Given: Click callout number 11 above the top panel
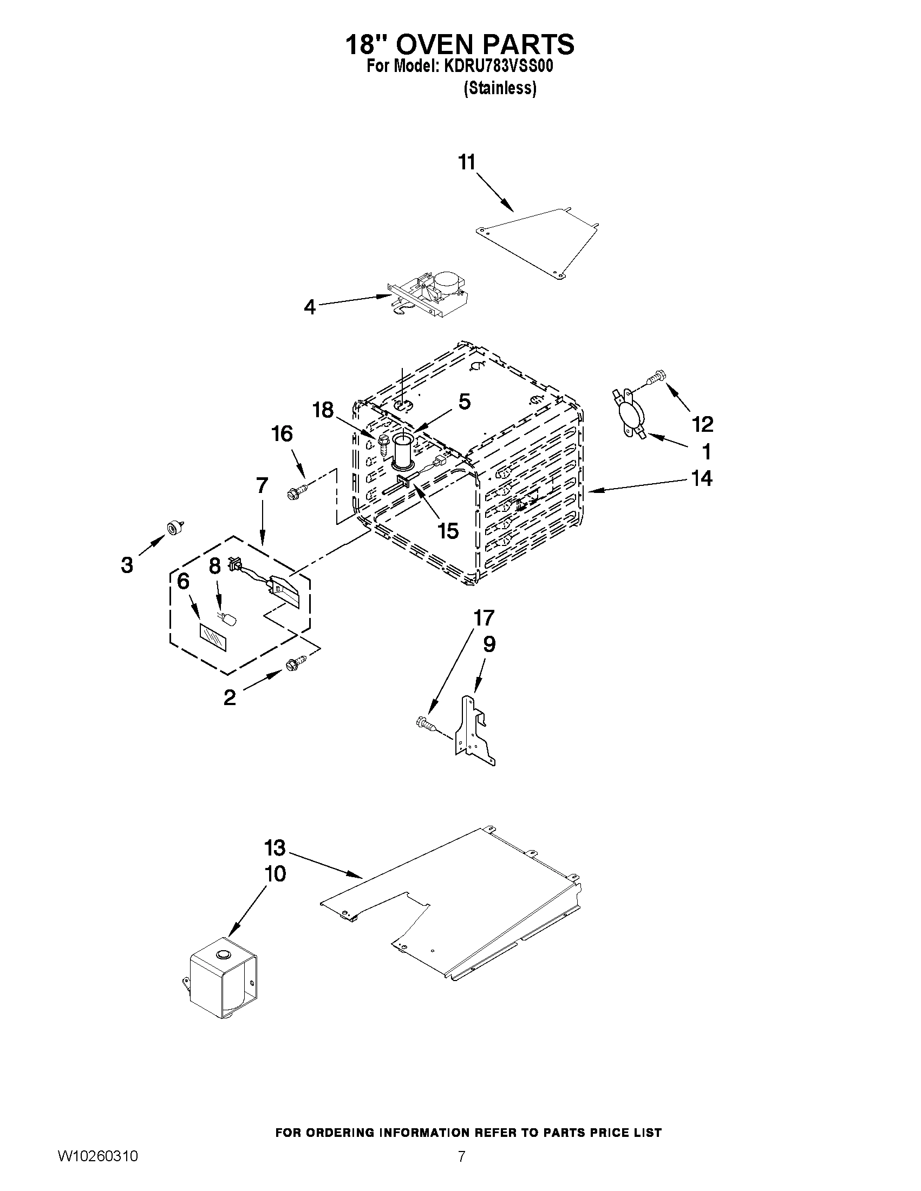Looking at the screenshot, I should [467, 162].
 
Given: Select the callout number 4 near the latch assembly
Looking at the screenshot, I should [309, 307].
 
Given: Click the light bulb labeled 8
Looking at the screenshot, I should [228, 620].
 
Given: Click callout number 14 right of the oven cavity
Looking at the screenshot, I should [702, 478].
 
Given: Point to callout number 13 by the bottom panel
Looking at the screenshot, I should [275, 847].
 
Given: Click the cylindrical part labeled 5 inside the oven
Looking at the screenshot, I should [403, 450].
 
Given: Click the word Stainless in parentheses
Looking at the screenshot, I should [500, 88].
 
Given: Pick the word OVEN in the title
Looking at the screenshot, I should [443, 45].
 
